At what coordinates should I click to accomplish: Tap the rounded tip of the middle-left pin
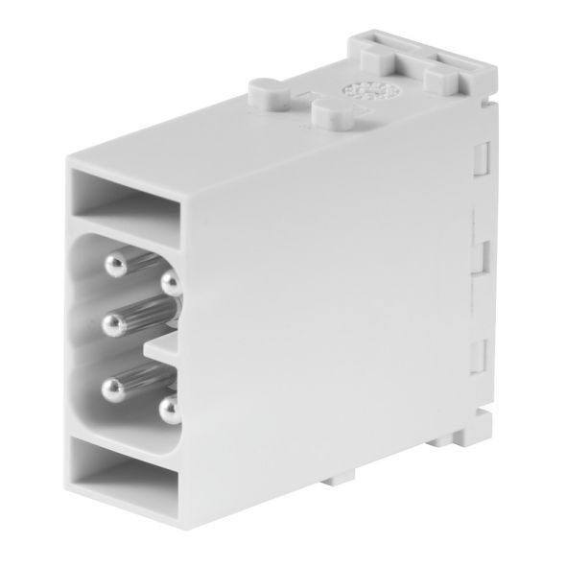click(112, 321)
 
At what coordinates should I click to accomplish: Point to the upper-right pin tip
click(171, 282)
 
